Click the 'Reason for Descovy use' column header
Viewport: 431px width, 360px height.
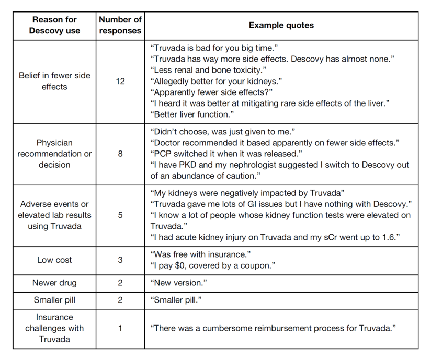pyautogui.click(x=54, y=25)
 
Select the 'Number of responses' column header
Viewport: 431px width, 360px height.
pyautogui.click(x=120, y=25)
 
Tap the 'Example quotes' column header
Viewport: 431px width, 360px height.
pyautogui.click(x=281, y=25)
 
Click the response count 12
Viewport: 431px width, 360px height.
pyautogui.click(x=120, y=81)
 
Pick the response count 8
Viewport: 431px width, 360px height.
pyautogui.click(x=120, y=154)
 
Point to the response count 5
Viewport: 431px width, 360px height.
pyautogui.click(x=120, y=215)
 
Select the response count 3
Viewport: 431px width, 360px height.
pyautogui.click(x=120, y=260)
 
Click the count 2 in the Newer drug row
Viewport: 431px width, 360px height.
pyautogui.click(x=120, y=283)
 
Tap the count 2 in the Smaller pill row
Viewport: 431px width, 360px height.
pyautogui.click(x=120, y=300)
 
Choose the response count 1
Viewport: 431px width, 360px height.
pyautogui.click(x=120, y=328)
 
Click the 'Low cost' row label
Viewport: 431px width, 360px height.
pyautogui.click(x=54, y=260)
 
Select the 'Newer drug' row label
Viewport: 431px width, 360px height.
pyautogui.click(x=54, y=283)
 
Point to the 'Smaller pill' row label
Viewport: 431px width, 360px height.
pyautogui.click(x=54, y=300)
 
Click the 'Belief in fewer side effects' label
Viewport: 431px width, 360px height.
pyautogui.click(x=54, y=81)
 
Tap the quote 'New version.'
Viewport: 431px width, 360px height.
pyautogui.click(x=178, y=283)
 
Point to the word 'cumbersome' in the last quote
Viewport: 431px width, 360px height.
pyautogui.click(x=226, y=328)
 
